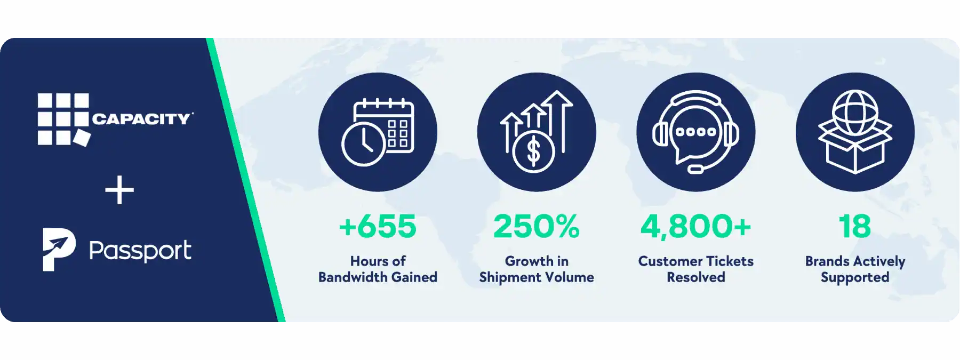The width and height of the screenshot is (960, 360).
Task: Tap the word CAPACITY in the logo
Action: click(x=141, y=118)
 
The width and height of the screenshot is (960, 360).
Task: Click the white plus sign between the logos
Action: click(x=119, y=190)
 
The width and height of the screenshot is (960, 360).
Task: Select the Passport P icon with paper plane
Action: click(x=59, y=250)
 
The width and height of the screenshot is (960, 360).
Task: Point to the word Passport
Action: click(x=140, y=251)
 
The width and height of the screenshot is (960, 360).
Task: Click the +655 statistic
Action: click(x=378, y=226)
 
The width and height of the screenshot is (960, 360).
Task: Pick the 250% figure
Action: click(x=536, y=226)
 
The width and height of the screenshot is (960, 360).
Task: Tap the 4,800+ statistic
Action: click(x=695, y=227)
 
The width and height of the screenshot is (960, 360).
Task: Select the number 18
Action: click(x=855, y=226)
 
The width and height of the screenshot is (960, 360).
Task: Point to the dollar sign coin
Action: click(x=533, y=151)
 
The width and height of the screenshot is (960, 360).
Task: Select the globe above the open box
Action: click(x=855, y=113)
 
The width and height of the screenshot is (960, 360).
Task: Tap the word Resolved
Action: click(x=695, y=277)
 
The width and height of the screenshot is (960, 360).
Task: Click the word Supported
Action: click(x=855, y=278)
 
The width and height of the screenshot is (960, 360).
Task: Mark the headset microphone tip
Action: click(x=695, y=170)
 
